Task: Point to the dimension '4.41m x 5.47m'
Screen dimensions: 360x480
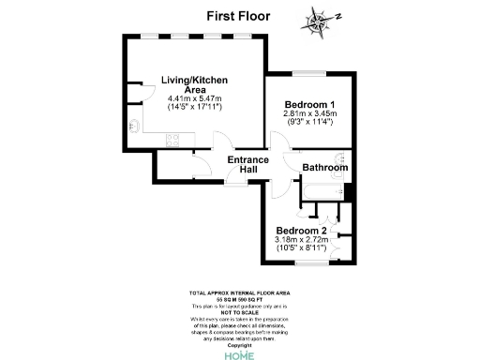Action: [x=193, y=98]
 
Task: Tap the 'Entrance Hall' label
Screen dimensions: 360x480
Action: [x=248, y=165]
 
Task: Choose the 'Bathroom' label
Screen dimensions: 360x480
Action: [x=324, y=168]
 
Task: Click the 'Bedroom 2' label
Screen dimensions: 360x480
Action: [x=302, y=231]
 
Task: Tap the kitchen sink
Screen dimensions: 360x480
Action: [x=137, y=126]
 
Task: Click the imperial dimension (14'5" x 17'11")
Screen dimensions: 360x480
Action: [x=193, y=108]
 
